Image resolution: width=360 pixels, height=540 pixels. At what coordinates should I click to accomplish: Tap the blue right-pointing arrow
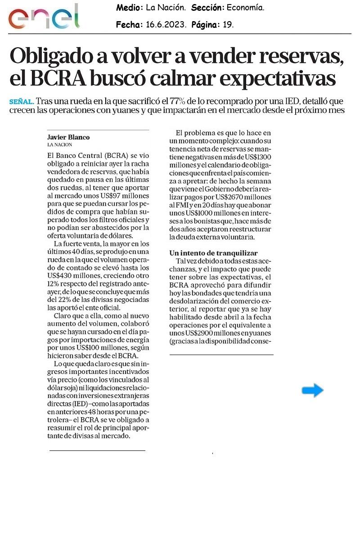(312, 391)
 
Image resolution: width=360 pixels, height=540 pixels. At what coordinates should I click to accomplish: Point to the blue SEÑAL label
(21, 102)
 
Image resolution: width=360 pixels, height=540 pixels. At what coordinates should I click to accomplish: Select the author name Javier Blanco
(68, 137)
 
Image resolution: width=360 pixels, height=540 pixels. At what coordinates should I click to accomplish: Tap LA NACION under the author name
(59, 144)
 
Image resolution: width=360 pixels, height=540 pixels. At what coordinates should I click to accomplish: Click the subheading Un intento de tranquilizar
(213, 253)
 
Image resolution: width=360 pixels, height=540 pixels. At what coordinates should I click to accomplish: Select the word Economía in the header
(245, 8)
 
